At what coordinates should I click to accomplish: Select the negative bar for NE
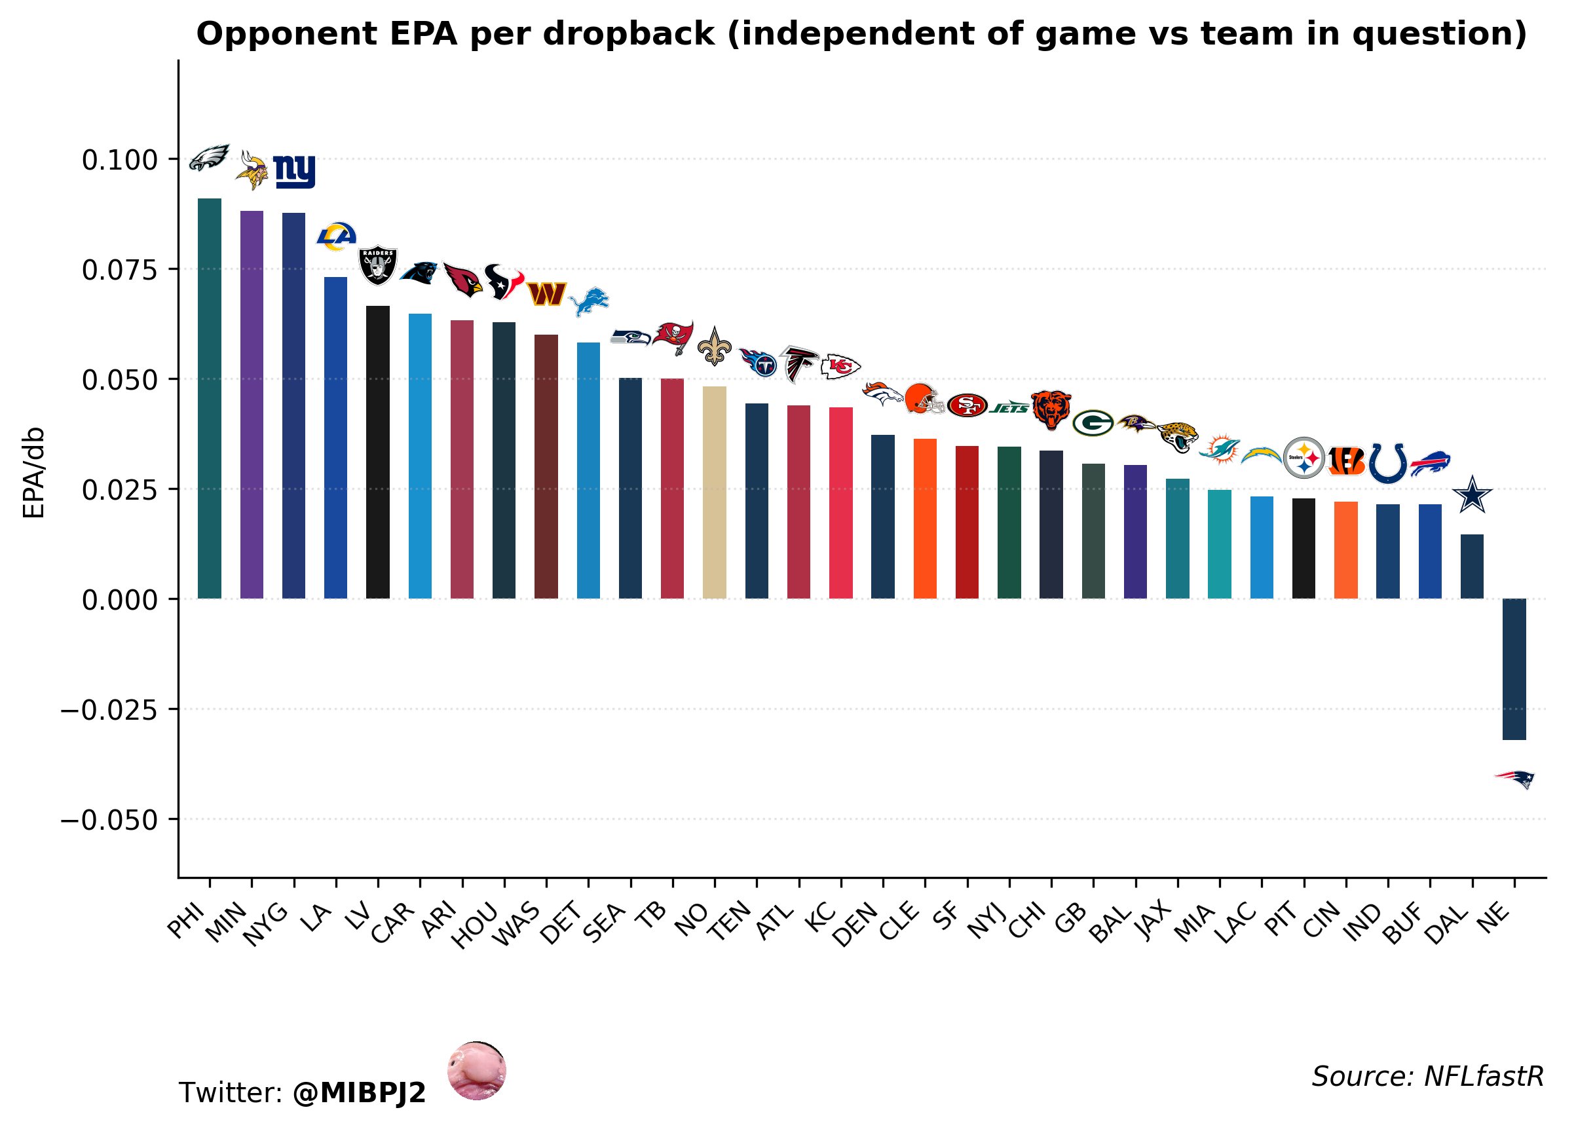(x=1514, y=669)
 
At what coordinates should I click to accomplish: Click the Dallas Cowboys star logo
(x=1472, y=496)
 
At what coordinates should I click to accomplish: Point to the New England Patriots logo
(x=1515, y=779)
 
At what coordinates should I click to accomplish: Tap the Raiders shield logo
(x=377, y=265)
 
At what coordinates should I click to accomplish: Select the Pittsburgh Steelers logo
(x=1304, y=458)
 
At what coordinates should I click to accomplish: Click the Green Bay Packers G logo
(x=1093, y=422)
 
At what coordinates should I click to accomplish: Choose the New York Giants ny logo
(x=294, y=171)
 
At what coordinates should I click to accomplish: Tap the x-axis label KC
(x=821, y=919)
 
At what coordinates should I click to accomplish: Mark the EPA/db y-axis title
(x=33, y=472)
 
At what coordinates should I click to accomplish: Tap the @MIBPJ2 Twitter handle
(x=358, y=1093)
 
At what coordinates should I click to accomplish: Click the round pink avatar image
(x=476, y=1071)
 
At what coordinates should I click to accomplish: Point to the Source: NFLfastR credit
(x=1427, y=1077)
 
